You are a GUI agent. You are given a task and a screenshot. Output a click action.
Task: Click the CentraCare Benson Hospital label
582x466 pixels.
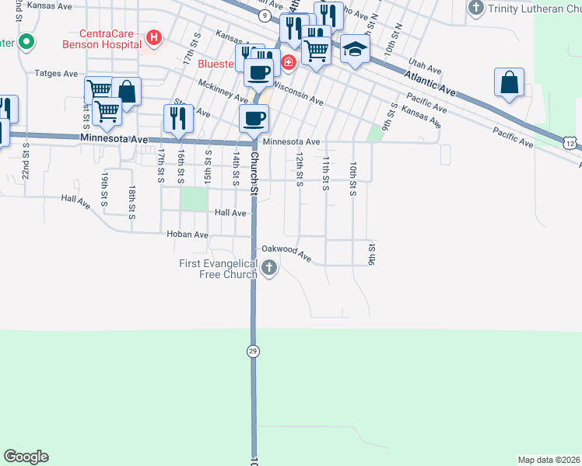(x=110, y=40)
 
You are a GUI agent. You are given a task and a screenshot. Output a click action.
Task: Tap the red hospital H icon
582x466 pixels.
(x=154, y=37)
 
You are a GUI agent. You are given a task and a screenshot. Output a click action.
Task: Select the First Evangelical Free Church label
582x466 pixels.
(x=219, y=269)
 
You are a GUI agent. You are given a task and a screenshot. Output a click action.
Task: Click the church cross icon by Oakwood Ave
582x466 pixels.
(x=269, y=269)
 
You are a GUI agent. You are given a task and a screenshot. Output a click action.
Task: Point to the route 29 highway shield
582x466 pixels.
(x=253, y=352)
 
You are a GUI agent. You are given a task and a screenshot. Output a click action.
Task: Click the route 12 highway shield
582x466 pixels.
(x=570, y=144)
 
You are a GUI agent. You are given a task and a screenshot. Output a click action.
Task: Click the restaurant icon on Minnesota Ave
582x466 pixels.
(x=178, y=118)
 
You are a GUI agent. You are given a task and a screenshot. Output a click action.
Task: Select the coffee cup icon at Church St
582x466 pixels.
(x=254, y=119)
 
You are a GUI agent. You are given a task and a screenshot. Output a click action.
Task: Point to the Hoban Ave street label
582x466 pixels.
(x=188, y=234)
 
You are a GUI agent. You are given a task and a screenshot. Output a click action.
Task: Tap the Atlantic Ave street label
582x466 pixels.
(x=430, y=81)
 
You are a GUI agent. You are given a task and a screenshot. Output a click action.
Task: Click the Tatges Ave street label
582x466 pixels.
(x=56, y=74)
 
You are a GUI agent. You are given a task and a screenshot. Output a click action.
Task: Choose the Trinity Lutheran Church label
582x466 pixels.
(x=533, y=9)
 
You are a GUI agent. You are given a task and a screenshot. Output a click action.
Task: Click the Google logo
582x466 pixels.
(x=26, y=457)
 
